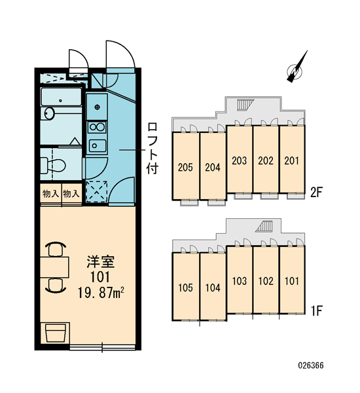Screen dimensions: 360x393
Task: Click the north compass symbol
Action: pos(296,70)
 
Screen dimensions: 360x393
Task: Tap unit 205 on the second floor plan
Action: pos(185,166)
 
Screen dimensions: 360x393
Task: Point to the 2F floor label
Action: pos(316,193)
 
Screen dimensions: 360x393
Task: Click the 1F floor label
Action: pos(316,310)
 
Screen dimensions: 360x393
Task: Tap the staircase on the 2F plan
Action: pos(245,105)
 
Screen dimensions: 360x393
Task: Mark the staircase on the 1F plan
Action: pos(264,226)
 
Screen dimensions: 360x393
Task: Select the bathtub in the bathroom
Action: pos(61,97)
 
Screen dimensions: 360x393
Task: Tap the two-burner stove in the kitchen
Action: pos(98,127)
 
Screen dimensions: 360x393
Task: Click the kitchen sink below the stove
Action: pos(98,145)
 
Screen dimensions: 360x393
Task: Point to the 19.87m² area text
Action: pos(101,292)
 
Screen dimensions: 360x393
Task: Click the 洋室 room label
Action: pos(100,261)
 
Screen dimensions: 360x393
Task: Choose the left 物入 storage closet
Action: pos(51,193)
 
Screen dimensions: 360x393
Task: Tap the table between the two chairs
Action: pos(54,267)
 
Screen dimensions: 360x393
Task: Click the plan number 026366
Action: pos(311,365)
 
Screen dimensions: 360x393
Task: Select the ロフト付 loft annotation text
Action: pos(152,149)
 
